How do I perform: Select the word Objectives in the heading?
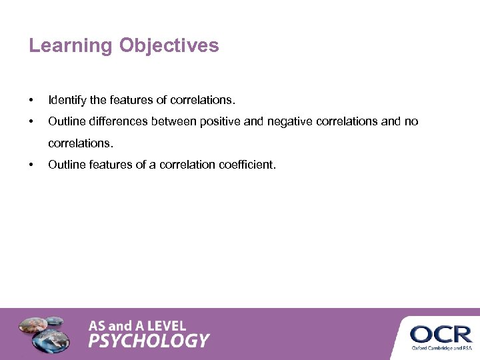[x=169, y=46]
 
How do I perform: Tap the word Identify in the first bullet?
[x=67, y=101]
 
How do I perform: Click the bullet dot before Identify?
[x=31, y=101]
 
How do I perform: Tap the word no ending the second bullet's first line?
[x=411, y=121]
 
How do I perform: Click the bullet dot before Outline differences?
[x=31, y=121]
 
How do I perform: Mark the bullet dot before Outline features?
[x=31, y=164]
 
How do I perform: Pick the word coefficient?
[x=247, y=164]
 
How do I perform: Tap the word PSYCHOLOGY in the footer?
[x=149, y=341]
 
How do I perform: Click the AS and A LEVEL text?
[x=137, y=326]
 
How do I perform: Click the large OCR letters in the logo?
[x=440, y=333]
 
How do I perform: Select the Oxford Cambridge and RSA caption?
[x=441, y=348]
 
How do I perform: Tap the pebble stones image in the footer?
[x=43, y=333]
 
